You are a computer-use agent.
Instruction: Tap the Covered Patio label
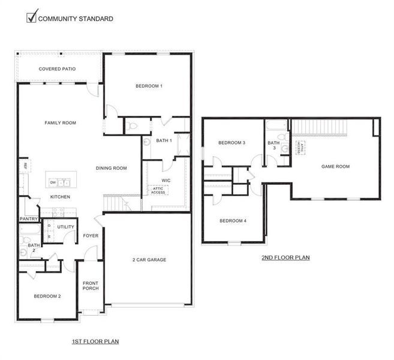tap(57, 69)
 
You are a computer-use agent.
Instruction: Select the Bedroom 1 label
tap(149, 86)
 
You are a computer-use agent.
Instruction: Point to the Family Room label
tap(60, 122)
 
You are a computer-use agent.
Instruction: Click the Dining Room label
tap(111, 168)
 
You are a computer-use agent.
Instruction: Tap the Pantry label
tap(28, 219)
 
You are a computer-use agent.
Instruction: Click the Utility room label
tap(65, 226)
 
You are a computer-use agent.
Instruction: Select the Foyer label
tap(91, 235)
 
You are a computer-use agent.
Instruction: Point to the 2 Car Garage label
tap(149, 260)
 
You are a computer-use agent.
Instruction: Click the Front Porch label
tap(91, 285)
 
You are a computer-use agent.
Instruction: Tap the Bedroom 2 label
tap(47, 296)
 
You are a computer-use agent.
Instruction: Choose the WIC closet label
tap(167, 179)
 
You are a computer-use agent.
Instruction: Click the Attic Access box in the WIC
tap(158, 190)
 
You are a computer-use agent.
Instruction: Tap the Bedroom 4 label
tap(233, 221)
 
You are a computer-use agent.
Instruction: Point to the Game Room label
tap(335, 166)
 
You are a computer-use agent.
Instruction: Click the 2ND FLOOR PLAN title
tap(285, 258)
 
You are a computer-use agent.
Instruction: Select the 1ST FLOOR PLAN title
tap(95, 341)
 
